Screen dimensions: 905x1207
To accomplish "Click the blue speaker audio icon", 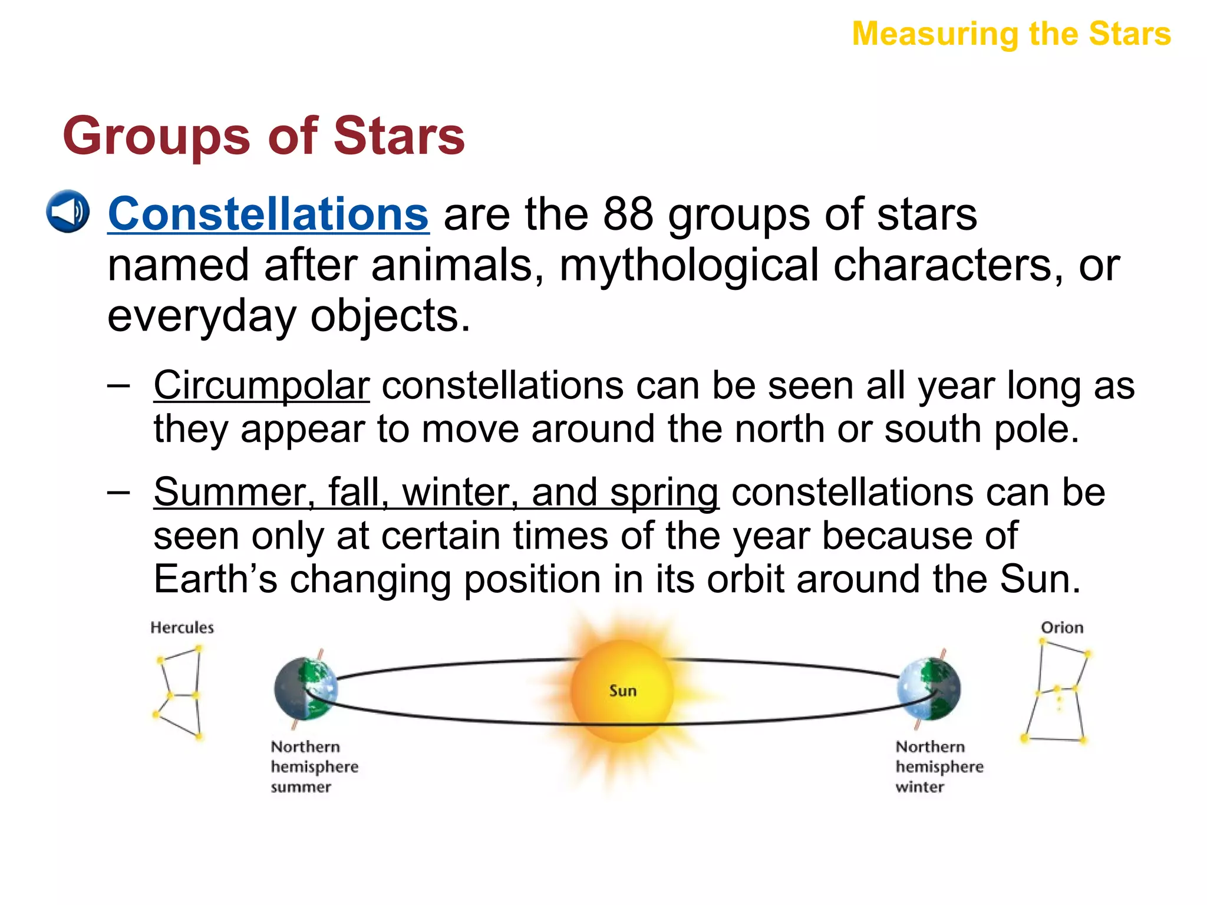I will coord(68,212).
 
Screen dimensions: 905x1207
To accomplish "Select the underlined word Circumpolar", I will coord(261,386).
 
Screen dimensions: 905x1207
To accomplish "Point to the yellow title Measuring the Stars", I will coord(1011,34).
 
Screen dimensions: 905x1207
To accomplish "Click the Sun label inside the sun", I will coord(623,691).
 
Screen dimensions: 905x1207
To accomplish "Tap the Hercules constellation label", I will coord(182,627).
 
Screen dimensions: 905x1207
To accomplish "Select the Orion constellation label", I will coord(1062,627).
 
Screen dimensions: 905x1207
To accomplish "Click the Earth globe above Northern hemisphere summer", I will coord(306,689).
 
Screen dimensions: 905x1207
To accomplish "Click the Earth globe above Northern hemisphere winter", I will coord(929,689).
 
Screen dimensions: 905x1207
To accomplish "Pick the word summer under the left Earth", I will coord(301,787).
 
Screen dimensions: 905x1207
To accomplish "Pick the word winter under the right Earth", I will coord(919,787).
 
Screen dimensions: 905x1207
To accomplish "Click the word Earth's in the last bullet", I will coord(215,579).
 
